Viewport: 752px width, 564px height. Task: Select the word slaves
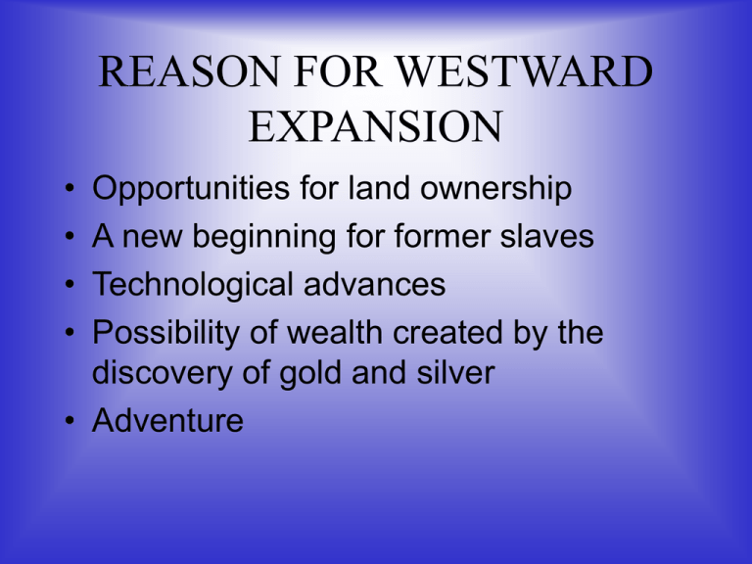coord(548,237)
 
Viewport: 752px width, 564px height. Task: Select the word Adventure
coord(166,421)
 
